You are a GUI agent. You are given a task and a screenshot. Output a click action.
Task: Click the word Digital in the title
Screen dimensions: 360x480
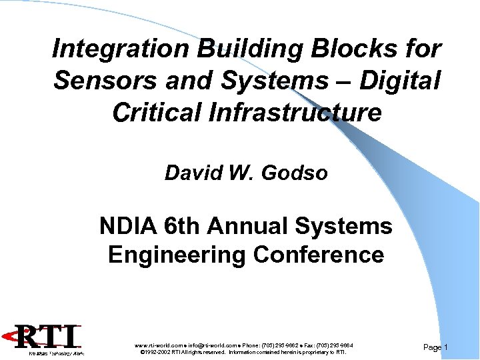pos(400,81)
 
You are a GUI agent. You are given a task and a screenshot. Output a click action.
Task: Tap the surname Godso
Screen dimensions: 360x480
pos(295,173)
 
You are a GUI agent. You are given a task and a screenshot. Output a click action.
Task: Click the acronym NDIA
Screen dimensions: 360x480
pos(127,227)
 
